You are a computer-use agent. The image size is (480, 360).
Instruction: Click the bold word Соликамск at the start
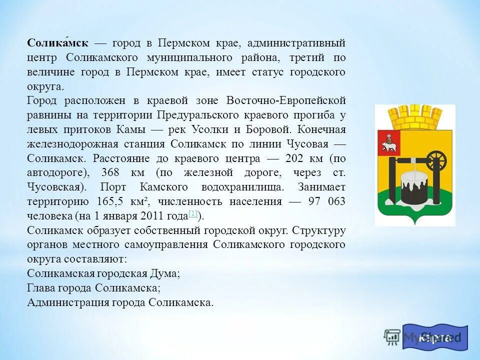click(58, 43)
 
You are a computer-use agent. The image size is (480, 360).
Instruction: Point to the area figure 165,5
click(107, 202)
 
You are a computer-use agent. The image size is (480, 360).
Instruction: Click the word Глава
click(42, 288)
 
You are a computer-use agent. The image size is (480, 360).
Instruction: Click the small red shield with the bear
click(388, 142)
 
